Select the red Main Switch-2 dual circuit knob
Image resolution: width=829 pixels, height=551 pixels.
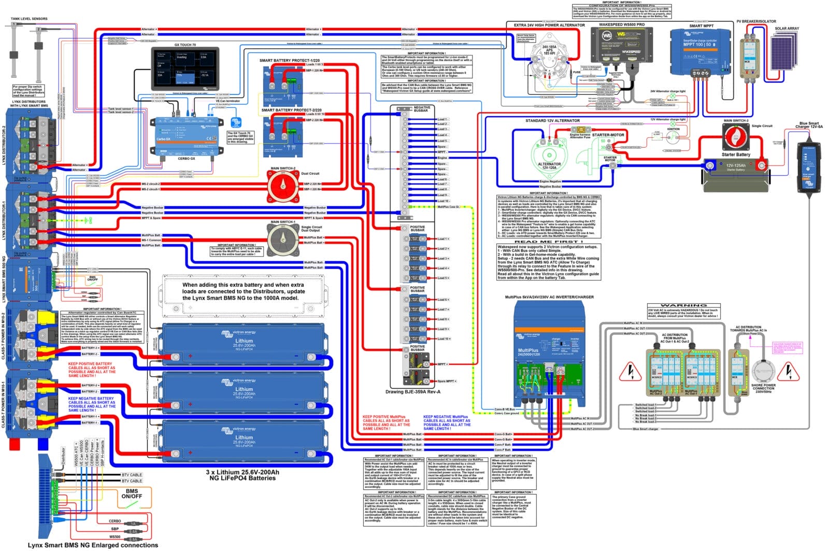click(x=282, y=186)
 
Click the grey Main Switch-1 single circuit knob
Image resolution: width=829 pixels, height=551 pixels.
click(x=283, y=239)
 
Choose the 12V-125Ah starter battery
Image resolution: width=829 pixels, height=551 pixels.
click(x=735, y=172)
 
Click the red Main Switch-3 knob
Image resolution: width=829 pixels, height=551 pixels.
click(x=736, y=137)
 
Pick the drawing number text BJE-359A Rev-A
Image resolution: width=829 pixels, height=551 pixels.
click(x=413, y=391)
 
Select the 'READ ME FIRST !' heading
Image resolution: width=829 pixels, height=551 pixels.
click(x=548, y=242)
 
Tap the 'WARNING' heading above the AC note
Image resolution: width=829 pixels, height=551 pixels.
click(x=684, y=305)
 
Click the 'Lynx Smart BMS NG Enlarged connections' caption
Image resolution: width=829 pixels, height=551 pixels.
click(x=93, y=545)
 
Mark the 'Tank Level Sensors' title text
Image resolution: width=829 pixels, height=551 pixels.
click(x=29, y=19)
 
